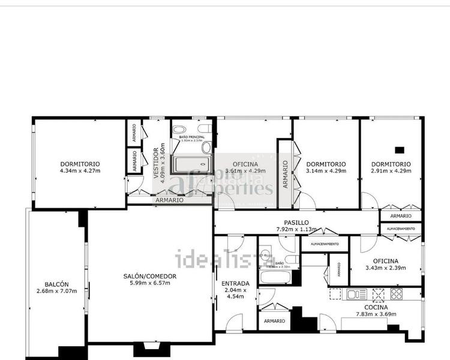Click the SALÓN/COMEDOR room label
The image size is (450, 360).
pyautogui.click(x=150, y=276)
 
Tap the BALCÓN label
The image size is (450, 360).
pyautogui.click(x=57, y=284)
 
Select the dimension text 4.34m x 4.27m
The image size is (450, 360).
pyautogui.click(x=80, y=171)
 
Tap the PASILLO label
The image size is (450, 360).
pyautogui.click(x=296, y=221)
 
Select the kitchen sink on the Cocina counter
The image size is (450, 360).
pyautogui.click(x=356, y=294)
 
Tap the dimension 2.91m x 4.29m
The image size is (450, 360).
pyautogui.click(x=391, y=171)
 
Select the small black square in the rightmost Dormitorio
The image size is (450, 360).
pyautogui.click(x=400, y=150)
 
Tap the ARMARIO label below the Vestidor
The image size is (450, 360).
pyautogui.click(x=169, y=200)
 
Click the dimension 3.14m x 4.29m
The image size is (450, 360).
pyautogui.click(x=326, y=171)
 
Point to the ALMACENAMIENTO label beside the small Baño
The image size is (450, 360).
pyautogui.click(x=324, y=244)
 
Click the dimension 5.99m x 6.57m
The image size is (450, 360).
pyautogui.click(x=150, y=283)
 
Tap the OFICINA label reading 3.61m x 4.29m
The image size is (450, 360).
pyautogui.click(x=245, y=164)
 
